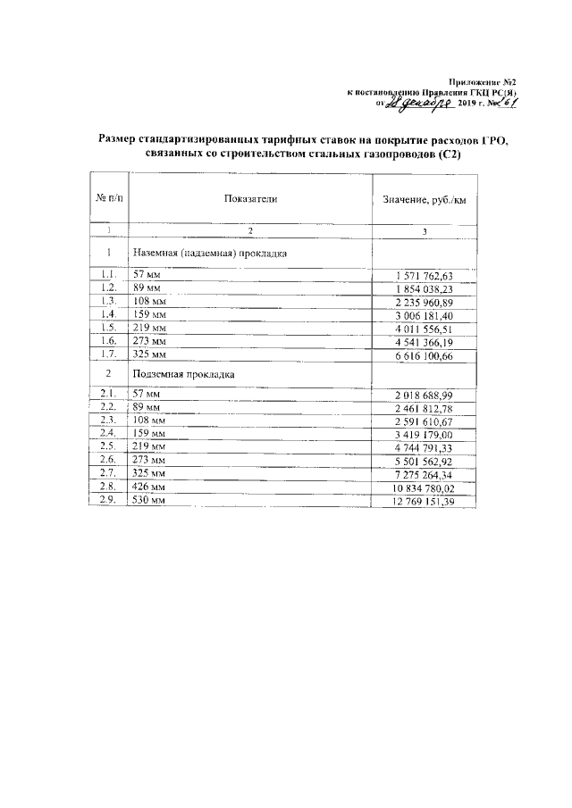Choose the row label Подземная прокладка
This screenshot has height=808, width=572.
[183, 374]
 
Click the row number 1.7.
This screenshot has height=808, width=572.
[108, 354]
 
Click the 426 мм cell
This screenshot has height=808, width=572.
[149, 487]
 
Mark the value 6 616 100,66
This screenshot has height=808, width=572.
[425, 356]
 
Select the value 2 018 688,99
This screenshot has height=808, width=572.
[425, 395]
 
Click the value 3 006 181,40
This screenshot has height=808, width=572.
[425, 315]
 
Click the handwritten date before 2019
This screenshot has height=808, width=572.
[421, 105]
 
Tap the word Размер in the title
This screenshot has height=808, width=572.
[120, 140]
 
